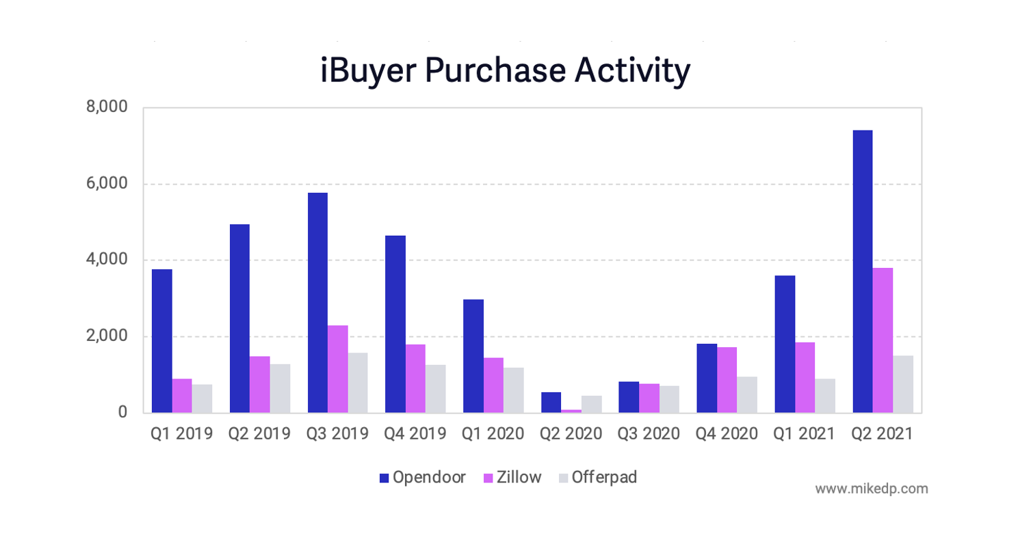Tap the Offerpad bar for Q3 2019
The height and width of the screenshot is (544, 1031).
point(357,383)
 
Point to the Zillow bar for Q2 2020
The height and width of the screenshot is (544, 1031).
point(571,411)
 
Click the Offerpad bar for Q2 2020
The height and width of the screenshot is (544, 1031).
point(591,404)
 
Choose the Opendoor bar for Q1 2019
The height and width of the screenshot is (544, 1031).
point(161,341)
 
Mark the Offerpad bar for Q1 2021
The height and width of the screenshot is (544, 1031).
point(825,396)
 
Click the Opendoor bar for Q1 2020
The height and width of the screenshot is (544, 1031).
point(473,356)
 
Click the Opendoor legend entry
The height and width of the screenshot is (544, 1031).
point(422,478)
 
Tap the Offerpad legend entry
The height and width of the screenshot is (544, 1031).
point(597,478)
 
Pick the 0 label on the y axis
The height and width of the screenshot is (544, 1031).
point(122,413)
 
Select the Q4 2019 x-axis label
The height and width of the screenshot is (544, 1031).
point(415,434)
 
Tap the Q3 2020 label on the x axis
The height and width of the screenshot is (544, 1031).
point(649,434)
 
